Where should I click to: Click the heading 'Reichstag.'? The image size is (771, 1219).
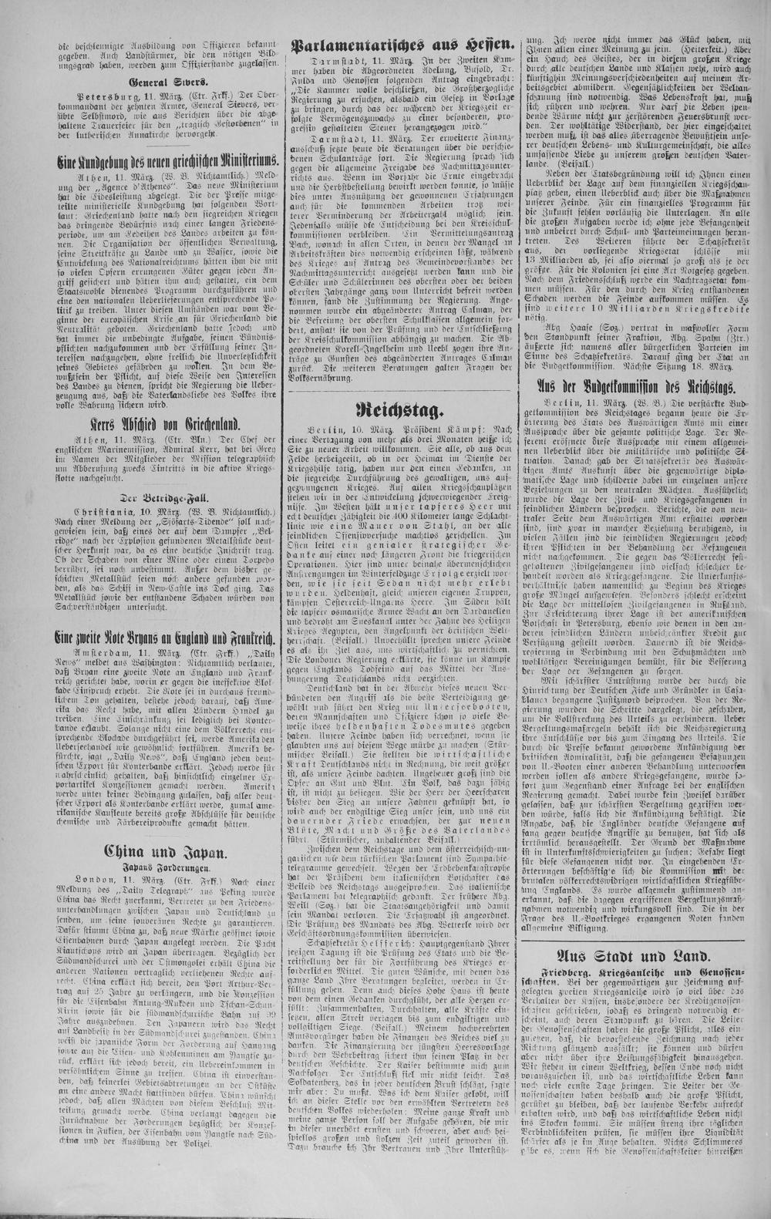[399, 408]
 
